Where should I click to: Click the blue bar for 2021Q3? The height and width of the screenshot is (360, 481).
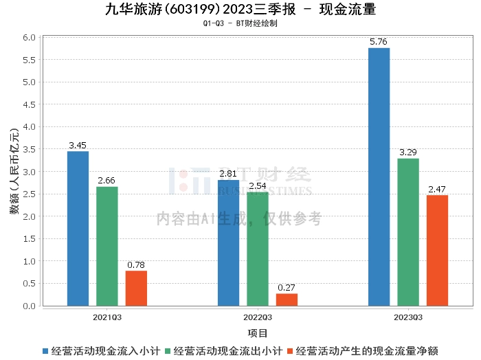pos(78,229)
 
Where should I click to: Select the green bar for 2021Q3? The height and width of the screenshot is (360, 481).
pos(107,246)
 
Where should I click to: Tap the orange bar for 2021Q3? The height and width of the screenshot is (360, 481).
pos(136,289)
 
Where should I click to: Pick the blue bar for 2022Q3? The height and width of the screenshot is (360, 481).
pos(229,243)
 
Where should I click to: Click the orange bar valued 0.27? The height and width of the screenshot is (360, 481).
pos(287,300)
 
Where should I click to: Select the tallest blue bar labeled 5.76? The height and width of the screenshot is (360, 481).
pos(379,177)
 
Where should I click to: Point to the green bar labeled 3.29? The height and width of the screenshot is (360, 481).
pos(408,232)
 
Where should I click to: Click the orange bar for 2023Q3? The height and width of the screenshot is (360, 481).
pos(438,251)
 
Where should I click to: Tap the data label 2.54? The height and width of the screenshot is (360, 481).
pos(258,185)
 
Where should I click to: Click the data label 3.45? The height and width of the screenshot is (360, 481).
pos(78,145)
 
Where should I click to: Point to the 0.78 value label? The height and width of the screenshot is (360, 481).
pos(136,265)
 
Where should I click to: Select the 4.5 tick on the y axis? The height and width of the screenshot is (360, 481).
pos(29,104)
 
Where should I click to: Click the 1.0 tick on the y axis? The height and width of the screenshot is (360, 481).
pos(29,261)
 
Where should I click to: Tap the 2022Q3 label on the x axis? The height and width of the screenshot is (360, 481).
pos(258,317)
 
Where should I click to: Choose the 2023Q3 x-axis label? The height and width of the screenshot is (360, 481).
pos(408,317)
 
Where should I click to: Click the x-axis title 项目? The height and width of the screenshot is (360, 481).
pos(258,333)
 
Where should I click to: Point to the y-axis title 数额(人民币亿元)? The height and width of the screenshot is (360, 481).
pos(14,172)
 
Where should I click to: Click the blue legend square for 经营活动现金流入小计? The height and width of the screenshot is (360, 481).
pos(45,351)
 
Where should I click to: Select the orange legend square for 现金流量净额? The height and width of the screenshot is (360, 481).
pos(290,351)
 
